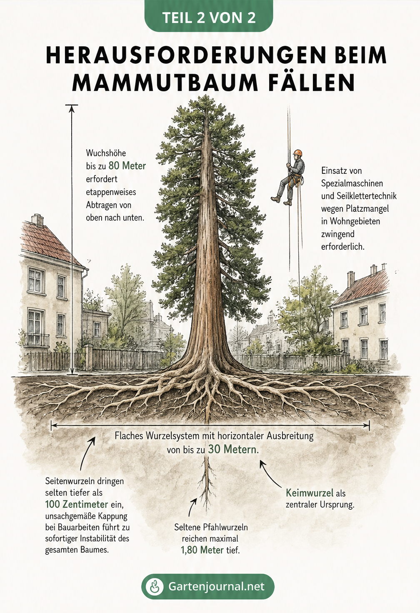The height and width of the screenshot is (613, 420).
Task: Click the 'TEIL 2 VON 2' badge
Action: (209, 17)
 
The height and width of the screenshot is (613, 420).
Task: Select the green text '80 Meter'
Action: (127, 166)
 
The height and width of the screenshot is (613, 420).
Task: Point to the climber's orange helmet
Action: (297, 153)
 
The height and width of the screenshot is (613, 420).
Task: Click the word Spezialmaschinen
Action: (352, 183)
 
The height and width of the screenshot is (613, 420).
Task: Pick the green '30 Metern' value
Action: (233, 449)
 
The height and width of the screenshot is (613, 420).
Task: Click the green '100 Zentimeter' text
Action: (76, 504)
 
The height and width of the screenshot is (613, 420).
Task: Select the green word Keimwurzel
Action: (310, 493)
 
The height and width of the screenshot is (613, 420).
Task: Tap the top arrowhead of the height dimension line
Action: (72, 108)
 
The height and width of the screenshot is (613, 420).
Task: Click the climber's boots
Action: (281, 200)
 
